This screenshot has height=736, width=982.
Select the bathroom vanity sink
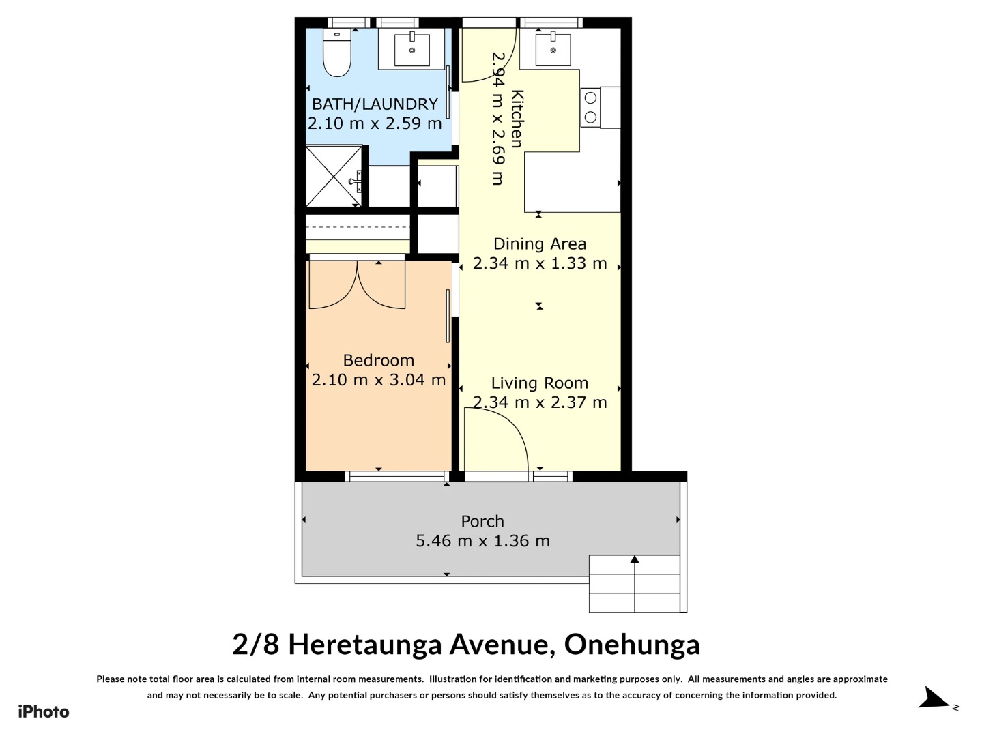(411, 50)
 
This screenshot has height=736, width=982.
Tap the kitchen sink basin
(553, 48)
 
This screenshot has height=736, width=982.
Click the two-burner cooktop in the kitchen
(590, 108)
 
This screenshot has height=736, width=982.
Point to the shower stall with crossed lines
(334, 176)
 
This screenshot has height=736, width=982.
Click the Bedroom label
(379, 360)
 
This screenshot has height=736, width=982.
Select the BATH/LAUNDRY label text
(375, 104)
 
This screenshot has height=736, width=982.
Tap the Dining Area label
(540, 244)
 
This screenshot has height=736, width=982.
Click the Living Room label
(540, 383)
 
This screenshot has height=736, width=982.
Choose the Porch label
(482, 521)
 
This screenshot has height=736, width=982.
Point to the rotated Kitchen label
(517, 119)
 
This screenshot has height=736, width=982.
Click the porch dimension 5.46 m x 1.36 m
(482, 541)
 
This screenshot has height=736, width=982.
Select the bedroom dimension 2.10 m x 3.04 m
(379, 380)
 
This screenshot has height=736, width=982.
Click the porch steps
(635, 583)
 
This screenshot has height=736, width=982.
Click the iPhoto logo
(44, 712)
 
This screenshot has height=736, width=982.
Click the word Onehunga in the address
(632, 645)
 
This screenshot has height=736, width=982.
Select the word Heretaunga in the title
(365, 645)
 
